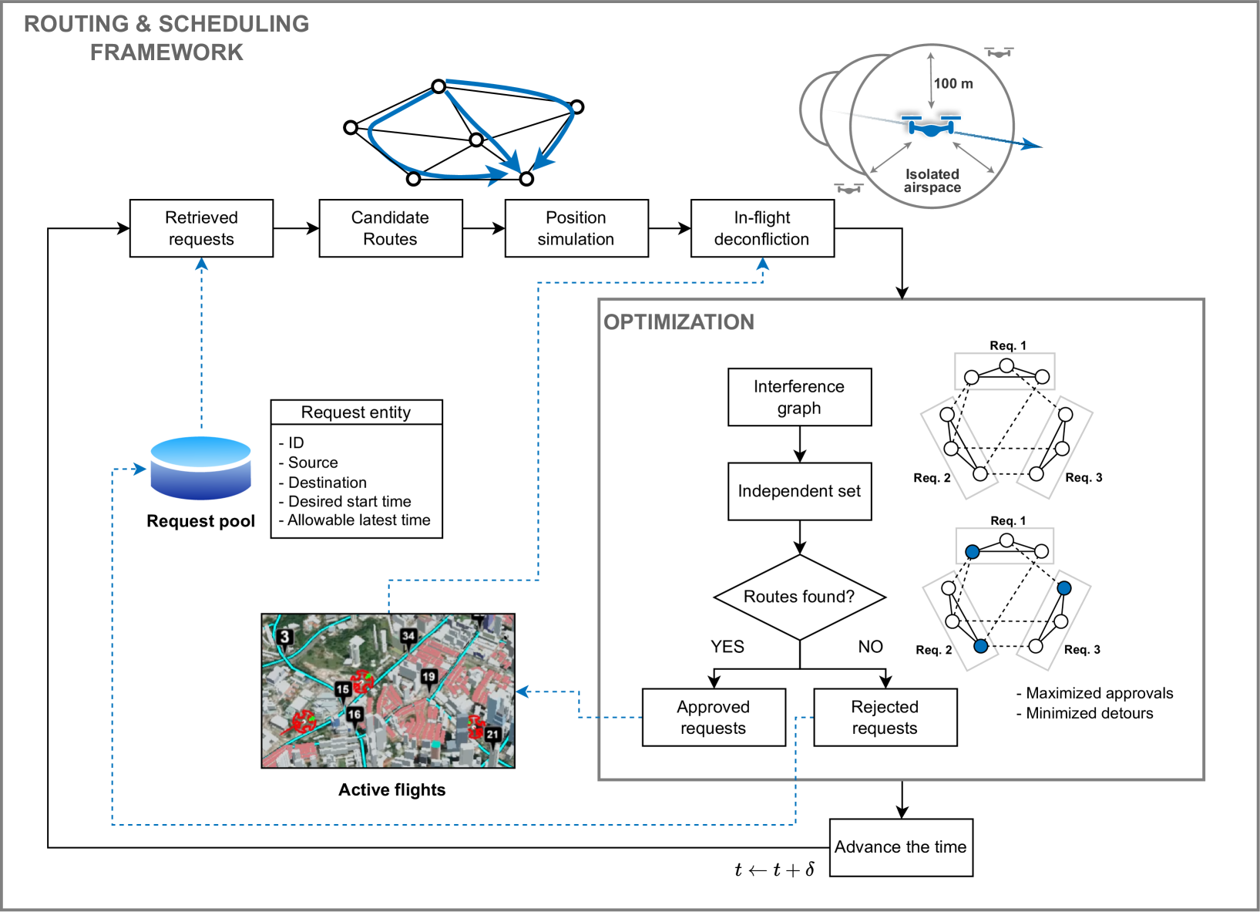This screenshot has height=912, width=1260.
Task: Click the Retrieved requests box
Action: tap(201, 228)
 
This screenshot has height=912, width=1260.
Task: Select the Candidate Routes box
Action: tap(390, 228)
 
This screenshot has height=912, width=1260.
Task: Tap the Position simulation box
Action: tap(576, 228)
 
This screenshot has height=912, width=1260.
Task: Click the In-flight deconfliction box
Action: tap(761, 228)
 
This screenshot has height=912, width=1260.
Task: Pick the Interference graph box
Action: tap(799, 397)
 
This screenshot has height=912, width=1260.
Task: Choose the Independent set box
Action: tap(799, 491)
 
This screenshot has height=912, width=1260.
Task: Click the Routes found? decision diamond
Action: tap(799, 597)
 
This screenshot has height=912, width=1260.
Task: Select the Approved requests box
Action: tap(714, 717)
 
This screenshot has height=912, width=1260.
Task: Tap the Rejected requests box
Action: tap(885, 717)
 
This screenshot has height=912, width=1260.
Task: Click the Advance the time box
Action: tap(900, 847)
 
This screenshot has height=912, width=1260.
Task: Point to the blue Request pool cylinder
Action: tap(200, 468)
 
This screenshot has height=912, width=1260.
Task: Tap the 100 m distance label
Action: tap(953, 83)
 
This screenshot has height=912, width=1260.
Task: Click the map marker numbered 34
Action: tap(408, 637)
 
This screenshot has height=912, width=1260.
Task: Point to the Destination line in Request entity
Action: tap(327, 483)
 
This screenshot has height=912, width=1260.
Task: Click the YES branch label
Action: tap(727, 647)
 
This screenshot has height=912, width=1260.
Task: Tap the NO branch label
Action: tap(870, 647)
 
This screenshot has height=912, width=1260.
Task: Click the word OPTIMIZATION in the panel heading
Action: tap(679, 322)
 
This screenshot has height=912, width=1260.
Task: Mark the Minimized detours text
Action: tap(1089, 713)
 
